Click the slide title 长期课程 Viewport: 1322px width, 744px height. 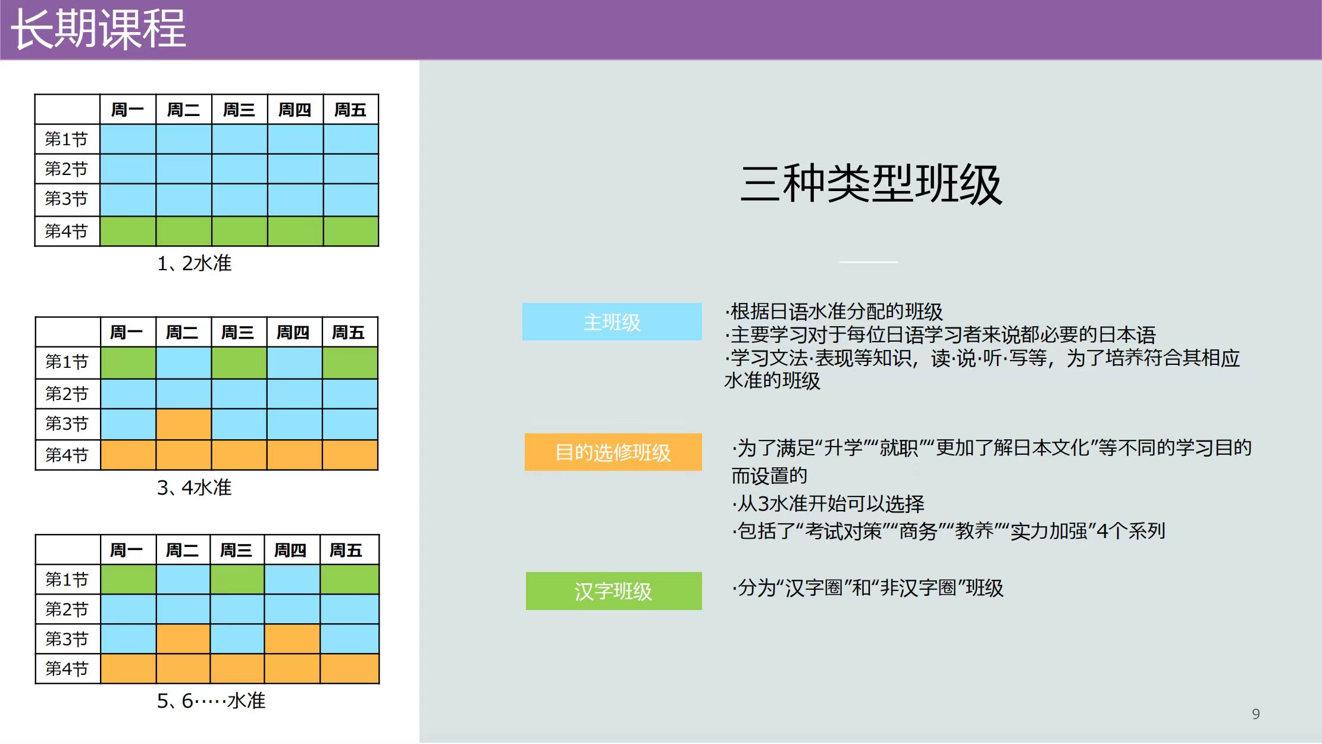(x=99, y=29)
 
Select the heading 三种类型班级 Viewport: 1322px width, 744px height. (x=871, y=185)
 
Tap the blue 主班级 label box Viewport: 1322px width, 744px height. (x=612, y=322)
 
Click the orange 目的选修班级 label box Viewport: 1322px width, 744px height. (x=613, y=452)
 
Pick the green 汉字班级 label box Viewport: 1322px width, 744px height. (x=614, y=591)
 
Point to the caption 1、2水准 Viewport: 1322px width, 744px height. (x=194, y=263)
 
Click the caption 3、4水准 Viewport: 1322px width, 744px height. (x=194, y=487)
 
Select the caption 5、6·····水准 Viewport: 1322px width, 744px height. (x=211, y=701)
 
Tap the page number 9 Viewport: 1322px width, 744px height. (x=1256, y=714)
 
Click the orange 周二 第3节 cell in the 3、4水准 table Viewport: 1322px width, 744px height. (x=184, y=424)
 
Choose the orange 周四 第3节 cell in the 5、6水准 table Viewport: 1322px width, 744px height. (x=292, y=639)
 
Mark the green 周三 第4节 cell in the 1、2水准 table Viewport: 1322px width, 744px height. (x=240, y=231)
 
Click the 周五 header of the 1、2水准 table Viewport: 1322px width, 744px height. (x=350, y=110)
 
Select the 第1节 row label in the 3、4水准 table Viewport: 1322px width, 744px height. (x=67, y=362)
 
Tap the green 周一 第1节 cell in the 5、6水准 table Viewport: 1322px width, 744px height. (x=129, y=579)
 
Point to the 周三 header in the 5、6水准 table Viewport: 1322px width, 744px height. (x=236, y=550)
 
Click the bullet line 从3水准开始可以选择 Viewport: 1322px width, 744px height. (x=828, y=504)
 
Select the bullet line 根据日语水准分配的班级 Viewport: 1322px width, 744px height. (x=834, y=311)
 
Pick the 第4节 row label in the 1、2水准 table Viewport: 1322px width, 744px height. (x=67, y=231)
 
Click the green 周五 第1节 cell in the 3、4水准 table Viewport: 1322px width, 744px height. (x=350, y=362)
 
